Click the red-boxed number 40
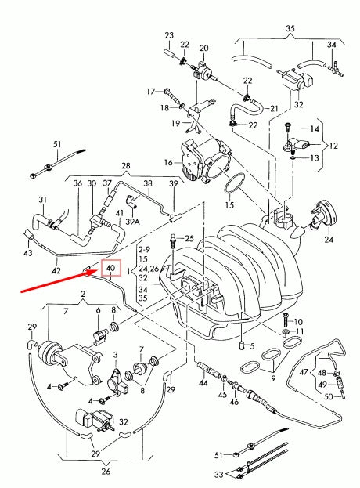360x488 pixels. [110, 268]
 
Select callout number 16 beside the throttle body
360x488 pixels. [167, 162]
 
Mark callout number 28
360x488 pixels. [124, 166]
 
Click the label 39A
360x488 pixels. [133, 222]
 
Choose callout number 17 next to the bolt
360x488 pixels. [153, 92]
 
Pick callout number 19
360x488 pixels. [176, 123]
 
